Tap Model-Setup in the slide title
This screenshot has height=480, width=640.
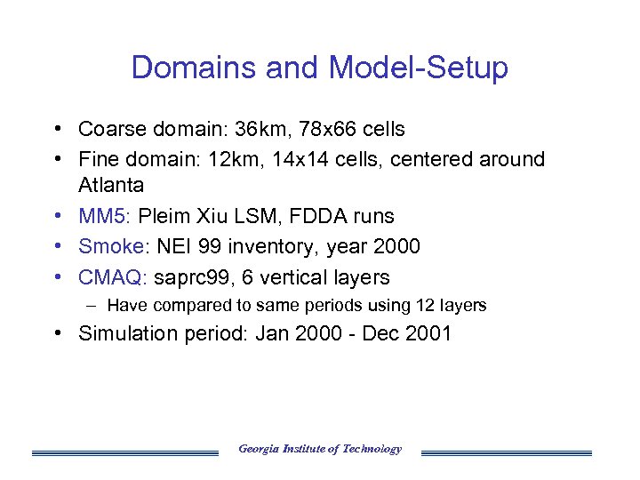pos(418,68)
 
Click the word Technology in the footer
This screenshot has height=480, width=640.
pos(372,449)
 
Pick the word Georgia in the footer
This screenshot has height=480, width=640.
pos(258,449)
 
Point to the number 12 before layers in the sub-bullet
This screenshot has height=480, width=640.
pos(425,306)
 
